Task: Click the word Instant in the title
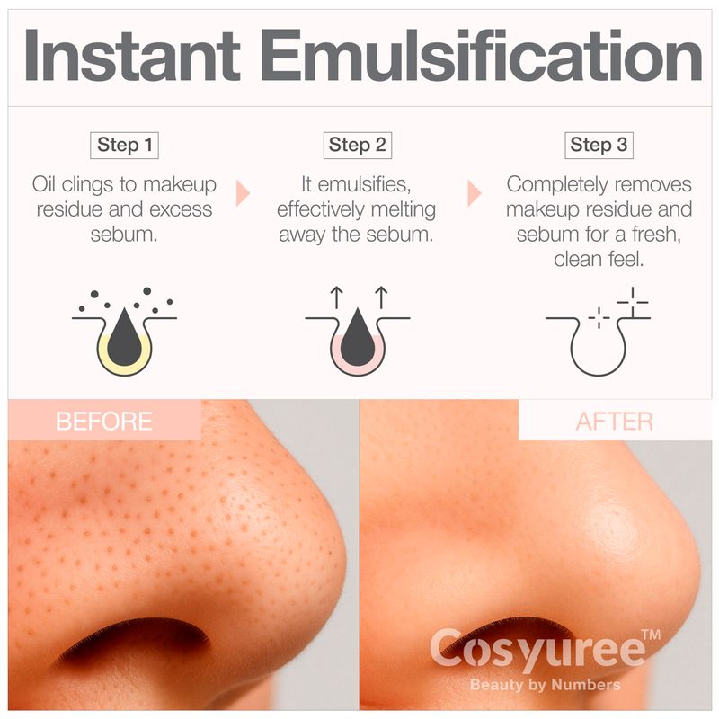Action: point(132,55)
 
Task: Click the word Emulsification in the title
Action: point(484,55)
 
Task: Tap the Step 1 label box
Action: point(124,146)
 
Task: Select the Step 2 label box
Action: point(357,146)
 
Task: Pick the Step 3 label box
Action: point(599,146)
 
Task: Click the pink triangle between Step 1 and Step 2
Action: point(243,193)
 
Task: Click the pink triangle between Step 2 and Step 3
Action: point(475,193)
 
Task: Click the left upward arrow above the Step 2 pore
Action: point(337,297)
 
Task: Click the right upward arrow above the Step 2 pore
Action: point(381,297)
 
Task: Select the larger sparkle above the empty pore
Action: point(633,302)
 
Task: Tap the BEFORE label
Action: point(104,421)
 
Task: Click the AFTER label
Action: point(615,421)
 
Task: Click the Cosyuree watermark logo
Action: point(538,649)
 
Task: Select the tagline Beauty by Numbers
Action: point(546,685)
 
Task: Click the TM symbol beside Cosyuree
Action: point(651,635)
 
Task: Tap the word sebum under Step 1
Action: point(124,235)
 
